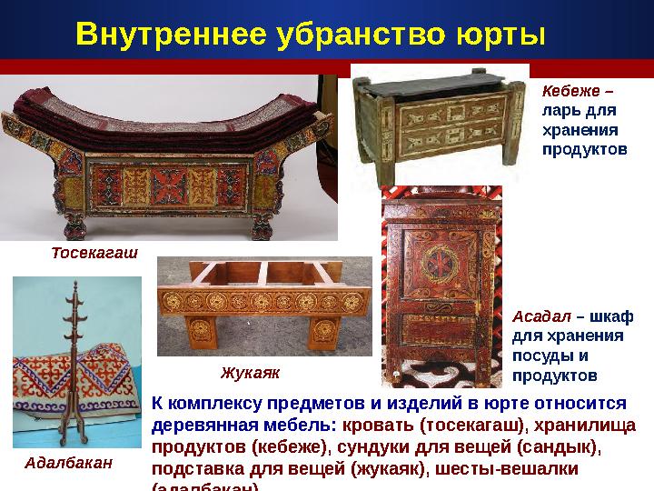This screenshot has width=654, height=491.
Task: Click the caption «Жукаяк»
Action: [x=250, y=372]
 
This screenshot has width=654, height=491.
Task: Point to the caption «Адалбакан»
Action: [x=68, y=463]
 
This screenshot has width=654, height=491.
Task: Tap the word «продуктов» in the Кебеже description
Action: [x=584, y=147]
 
